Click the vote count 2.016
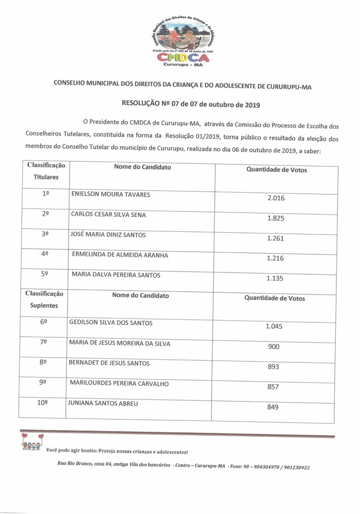point(275,198)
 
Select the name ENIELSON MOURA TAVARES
point(110,194)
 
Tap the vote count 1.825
point(275,218)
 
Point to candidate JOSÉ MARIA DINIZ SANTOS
point(108,235)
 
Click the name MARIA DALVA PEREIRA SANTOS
point(116,275)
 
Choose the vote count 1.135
point(275,278)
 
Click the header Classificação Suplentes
point(44,299)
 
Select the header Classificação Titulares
point(46,171)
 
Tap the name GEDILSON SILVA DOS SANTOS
point(111,323)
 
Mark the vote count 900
point(273,346)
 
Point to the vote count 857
point(273,387)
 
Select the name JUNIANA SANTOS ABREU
point(102,403)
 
